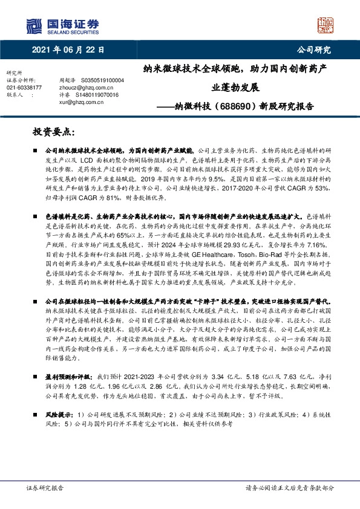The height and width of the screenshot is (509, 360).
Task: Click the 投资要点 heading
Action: pyautogui.click(x=54, y=131)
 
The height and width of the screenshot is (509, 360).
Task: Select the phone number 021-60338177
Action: pyautogui.click(x=25, y=87)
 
